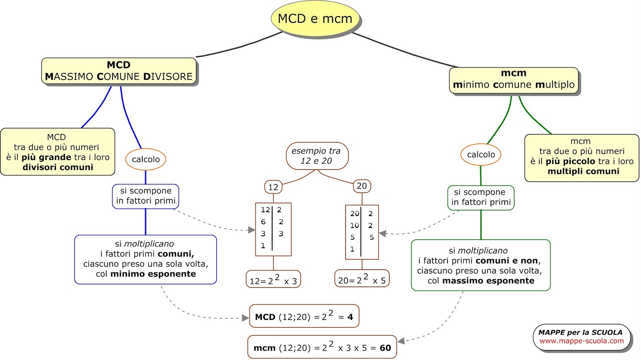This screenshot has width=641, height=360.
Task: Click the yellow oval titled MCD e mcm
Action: (x=315, y=18)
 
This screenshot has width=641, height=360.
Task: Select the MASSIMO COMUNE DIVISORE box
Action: (x=119, y=71)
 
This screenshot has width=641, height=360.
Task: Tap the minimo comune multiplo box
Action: (x=514, y=79)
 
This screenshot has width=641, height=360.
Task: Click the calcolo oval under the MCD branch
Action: (x=145, y=159)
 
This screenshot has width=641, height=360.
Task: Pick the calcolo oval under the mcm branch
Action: (x=481, y=155)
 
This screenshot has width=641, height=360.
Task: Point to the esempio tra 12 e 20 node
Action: (x=316, y=156)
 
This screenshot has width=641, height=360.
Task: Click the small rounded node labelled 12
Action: (x=273, y=187)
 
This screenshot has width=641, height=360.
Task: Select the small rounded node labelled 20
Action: (x=361, y=186)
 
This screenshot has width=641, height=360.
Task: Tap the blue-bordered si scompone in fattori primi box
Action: (x=145, y=196)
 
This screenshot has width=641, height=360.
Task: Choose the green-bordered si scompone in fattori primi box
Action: (x=481, y=197)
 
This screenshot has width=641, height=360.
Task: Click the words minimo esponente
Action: (x=153, y=274)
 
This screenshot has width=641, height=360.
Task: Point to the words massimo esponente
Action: (x=488, y=281)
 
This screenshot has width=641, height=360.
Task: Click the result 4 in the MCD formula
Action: (x=350, y=317)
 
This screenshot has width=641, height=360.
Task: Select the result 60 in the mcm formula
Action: (x=385, y=348)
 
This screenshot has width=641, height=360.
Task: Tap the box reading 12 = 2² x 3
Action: (x=273, y=280)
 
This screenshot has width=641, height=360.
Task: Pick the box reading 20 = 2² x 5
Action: (x=362, y=279)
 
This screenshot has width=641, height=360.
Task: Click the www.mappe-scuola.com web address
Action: (x=581, y=341)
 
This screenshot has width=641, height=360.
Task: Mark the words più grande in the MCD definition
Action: (x=46, y=157)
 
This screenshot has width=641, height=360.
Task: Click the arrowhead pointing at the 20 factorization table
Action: (x=382, y=233)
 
